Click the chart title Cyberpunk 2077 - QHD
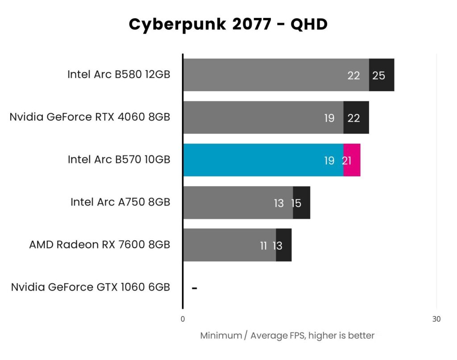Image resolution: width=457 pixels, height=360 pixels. tap(228, 25)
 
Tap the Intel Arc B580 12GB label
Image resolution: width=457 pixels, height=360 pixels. tap(119, 75)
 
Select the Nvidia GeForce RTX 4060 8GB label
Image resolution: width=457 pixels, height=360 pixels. tap(90, 117)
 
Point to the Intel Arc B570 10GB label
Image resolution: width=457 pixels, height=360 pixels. tap(119, 159)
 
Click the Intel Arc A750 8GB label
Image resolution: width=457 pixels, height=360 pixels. tap(120, 202)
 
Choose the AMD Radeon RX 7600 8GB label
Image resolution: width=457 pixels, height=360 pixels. tap(100, 245)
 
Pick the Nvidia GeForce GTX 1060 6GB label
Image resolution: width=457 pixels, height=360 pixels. tap(91, 287)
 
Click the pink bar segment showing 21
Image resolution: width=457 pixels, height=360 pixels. tap(353, 160)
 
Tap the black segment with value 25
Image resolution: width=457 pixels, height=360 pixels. tap(382, 75)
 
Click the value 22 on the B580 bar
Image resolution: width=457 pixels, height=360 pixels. tap(353, 75)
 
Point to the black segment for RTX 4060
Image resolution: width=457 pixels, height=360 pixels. tap(356, 117)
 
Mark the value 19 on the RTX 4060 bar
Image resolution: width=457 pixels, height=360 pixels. tap(329, 118)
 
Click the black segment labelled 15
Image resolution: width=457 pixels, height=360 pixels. tap(302, 203)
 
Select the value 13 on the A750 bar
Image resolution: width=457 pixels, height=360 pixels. tap(278, 203)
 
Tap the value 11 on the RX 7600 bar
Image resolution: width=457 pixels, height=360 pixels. tap(263, 246)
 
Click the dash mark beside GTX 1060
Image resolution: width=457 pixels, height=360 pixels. tap(194, 288)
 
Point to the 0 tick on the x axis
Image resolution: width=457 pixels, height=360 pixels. tap(183, 319)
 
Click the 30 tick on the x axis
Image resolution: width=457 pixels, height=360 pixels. tap(436, 319)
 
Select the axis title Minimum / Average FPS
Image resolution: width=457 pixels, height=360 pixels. tap(287, 335)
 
